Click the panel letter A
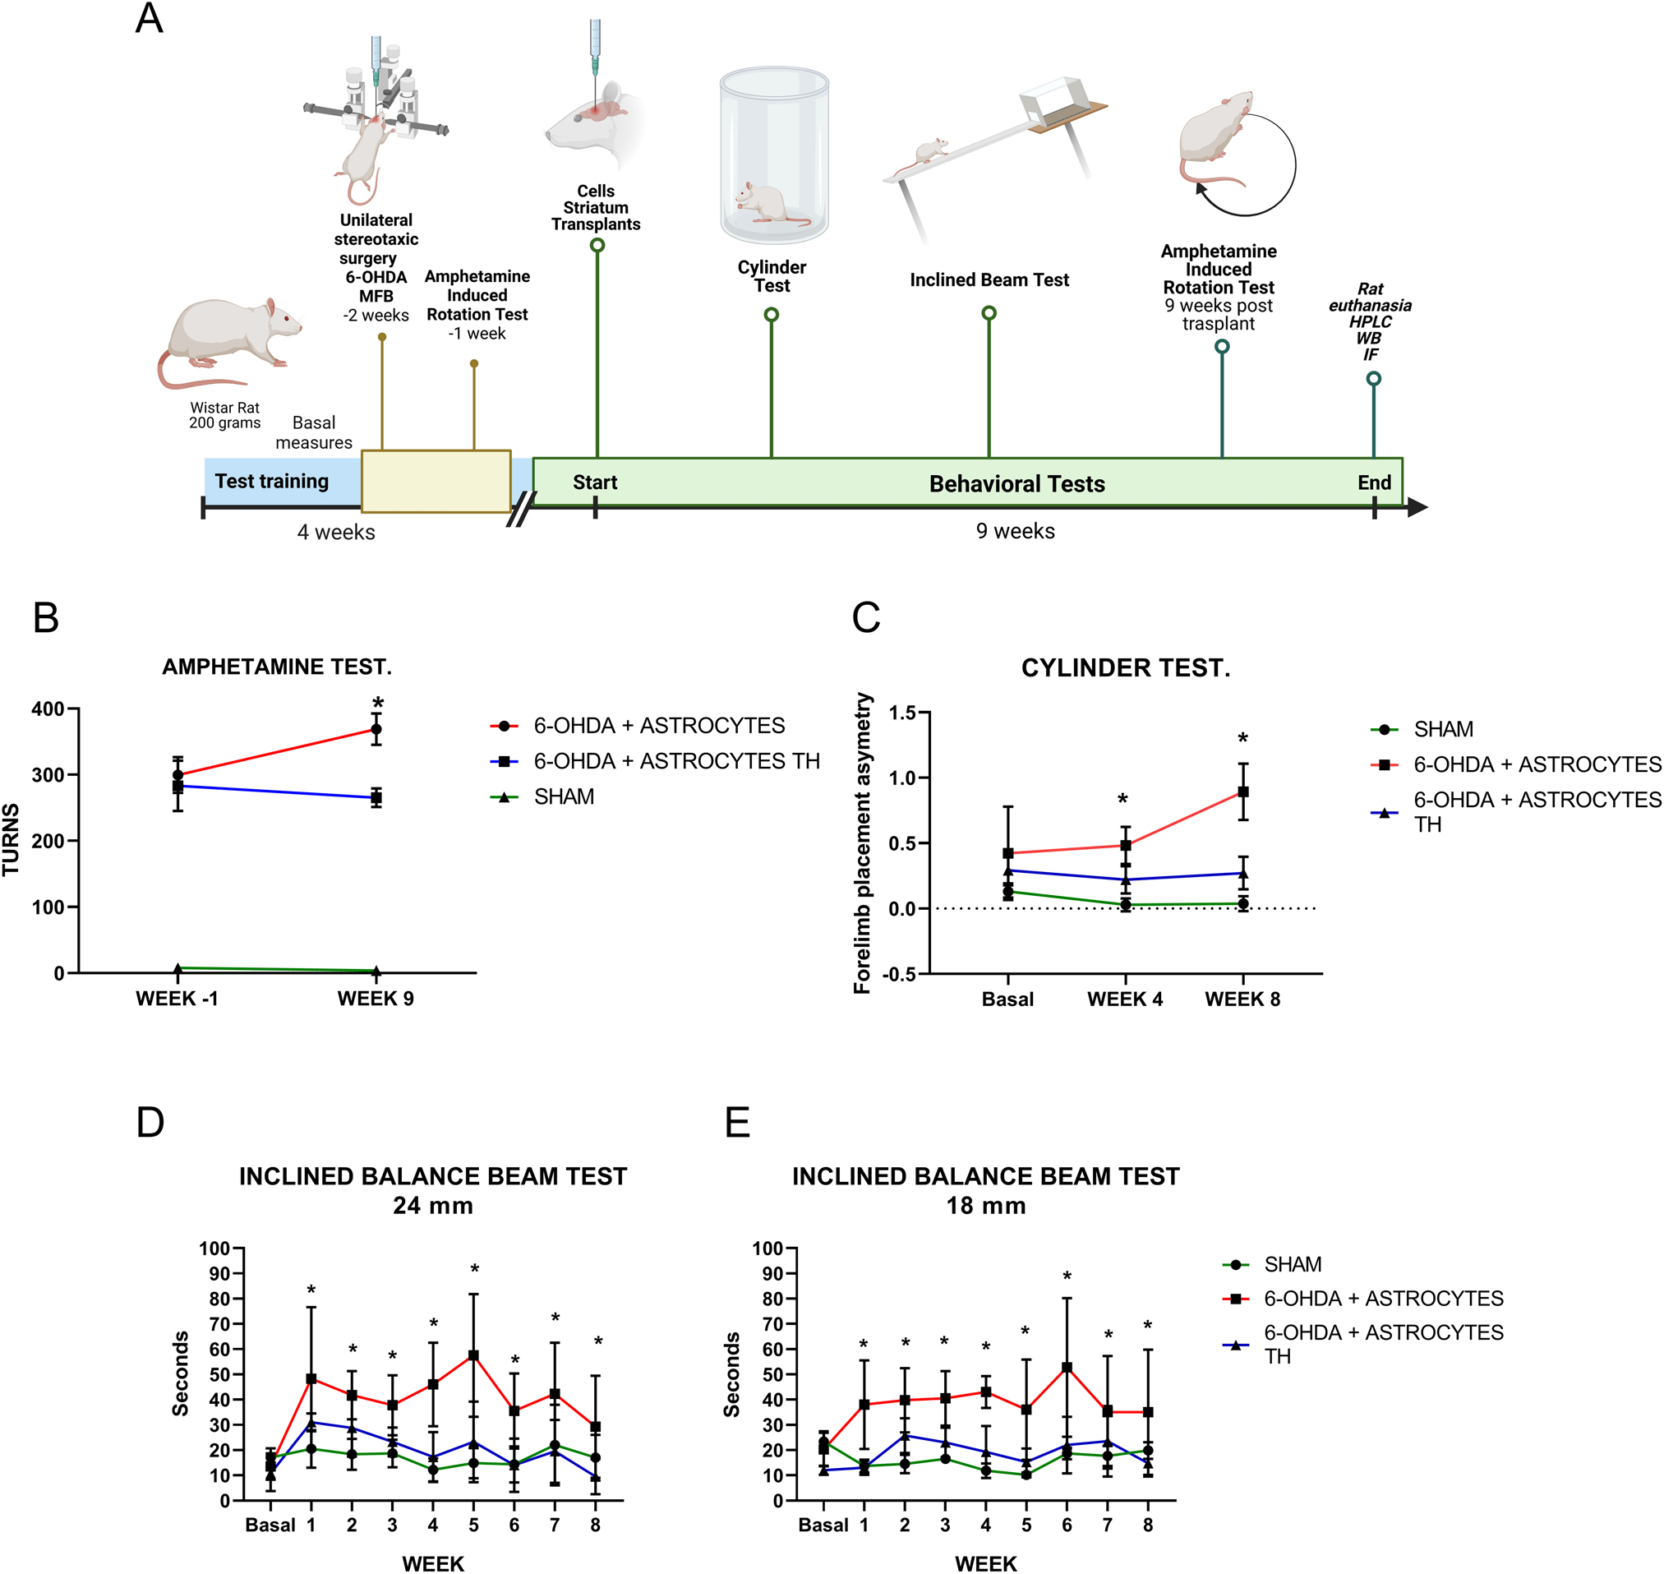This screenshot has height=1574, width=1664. click(x=150, y=18)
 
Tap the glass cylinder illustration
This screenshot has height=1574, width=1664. click(x=773, y=155)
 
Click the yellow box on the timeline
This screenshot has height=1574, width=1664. click(x=436, y=481)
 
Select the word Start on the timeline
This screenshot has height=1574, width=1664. click(x=595, y=482)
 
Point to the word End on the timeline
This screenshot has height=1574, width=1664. click(x=1374, y=482)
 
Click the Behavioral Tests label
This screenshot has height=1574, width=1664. click(x=1016, y=484)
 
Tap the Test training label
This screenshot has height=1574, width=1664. click(x=271, y=481)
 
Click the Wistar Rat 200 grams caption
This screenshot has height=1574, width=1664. click(x=225, y=415)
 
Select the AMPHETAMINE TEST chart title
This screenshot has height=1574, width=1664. click(x=277, y=667)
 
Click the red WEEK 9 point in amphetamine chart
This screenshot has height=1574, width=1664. click(x=376, y=729)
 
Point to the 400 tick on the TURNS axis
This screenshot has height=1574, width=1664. click(x=48, y=709)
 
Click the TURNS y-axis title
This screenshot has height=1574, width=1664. click(x=11, y=840)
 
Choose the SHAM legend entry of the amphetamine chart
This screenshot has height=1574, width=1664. click(x=564, y=796)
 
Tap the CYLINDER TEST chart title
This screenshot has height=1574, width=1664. click(x=1126, y=668)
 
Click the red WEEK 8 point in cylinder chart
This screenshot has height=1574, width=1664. click(x=1243, y=792)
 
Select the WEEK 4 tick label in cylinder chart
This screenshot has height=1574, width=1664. click(x=1125, y=999)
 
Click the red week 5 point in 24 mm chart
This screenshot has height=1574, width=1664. click(x=474, y=1355)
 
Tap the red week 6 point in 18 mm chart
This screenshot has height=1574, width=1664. click(x=1067, y=1368)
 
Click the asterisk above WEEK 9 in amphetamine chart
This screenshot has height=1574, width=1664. click(x=378, y=704)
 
